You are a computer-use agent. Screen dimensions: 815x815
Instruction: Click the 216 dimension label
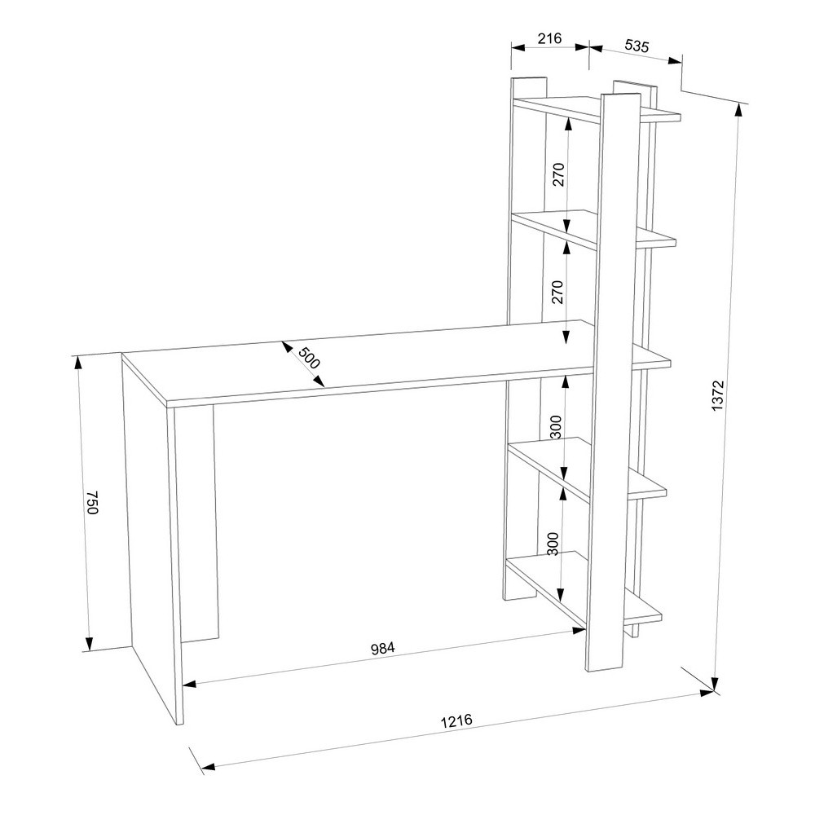pyautogui.click(x=550, y=38)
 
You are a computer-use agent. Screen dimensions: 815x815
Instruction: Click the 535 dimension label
pyautogui.click(x=637, y=46)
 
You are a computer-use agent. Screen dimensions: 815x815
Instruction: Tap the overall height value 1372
pyautogui.click(x=718, y=396)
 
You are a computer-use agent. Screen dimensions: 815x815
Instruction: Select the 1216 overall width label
pyautogui.click(x=456, y=721)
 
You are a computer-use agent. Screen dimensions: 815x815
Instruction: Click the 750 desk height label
pyautogui.click(x=92, y=501)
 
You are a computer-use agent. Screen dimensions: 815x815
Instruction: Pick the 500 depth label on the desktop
pyautogui.click(x=309, y=358)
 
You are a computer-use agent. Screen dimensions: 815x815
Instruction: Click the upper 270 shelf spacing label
pyautogui.click(x=558, y=174)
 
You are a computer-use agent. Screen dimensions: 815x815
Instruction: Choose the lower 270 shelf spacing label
pyautogui.click(x=557, y=292)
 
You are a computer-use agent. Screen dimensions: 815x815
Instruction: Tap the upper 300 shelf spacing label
pyautogui.click(x=556, y=427)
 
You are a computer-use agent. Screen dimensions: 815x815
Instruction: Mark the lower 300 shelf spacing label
pyautogui.click(x=553, y=544)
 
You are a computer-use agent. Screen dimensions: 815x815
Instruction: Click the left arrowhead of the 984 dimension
pyautogui.click(x=189, y=684)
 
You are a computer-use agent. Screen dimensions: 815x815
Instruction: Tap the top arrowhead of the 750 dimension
pyautogui.click(x=78, y=363)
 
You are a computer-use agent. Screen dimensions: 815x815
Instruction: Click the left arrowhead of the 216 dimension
pyautogui.click(x=518, y=47)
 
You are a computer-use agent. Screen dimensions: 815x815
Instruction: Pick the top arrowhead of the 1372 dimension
pyautogui.click(x=738, y=111)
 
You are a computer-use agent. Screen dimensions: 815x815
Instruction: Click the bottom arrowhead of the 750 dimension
pyautogui.click(x=90, y=644)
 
